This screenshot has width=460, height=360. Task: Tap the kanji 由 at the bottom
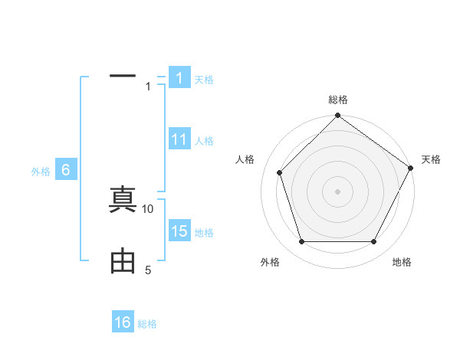123,261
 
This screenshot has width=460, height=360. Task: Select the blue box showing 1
179,77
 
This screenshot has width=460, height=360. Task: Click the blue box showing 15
179,231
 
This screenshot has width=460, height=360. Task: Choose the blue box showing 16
123,322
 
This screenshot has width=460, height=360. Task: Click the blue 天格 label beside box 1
204,79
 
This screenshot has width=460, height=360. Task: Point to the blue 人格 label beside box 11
204,140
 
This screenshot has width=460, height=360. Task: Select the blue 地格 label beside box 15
204,232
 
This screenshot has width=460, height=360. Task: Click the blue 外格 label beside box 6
41,172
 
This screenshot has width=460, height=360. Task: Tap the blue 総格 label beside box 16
147,324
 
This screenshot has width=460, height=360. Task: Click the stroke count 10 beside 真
148,208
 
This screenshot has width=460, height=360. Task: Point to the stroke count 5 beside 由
148,270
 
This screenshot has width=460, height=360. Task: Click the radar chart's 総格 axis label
338,100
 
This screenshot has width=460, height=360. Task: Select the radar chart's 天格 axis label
431,159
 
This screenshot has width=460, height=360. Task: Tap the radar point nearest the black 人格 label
279,172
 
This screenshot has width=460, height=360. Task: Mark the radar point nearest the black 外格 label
301,242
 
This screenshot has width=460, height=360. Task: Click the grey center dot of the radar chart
338,191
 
